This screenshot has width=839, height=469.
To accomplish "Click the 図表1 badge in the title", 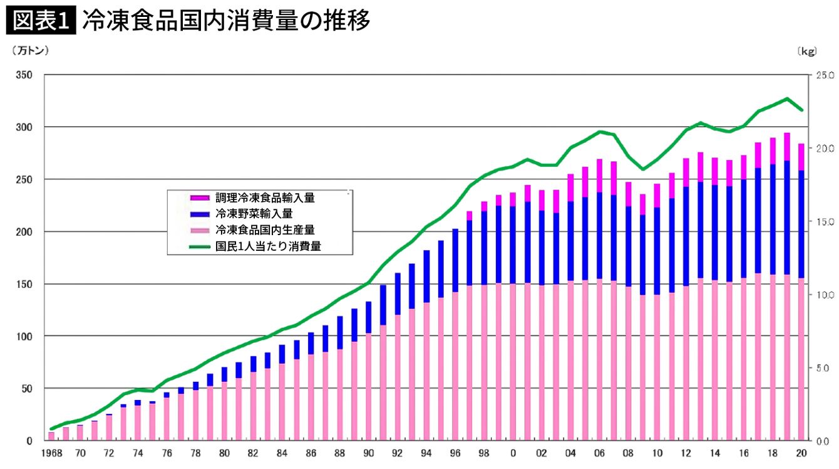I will pyautogui.click(x=40, y=21).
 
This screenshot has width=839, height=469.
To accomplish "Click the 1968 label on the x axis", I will pyautogui.click(x=51, y=453).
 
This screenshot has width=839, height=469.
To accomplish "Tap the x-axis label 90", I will pyautogui.click(x=369, y=453).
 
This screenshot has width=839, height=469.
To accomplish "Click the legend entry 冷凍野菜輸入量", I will pyautogui.click(x=253, y=214).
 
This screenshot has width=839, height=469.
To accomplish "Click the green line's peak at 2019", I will pyautogui.click(x=787, y=98).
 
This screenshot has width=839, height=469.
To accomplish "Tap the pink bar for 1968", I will pyautogui.click(x=51, y=436).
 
